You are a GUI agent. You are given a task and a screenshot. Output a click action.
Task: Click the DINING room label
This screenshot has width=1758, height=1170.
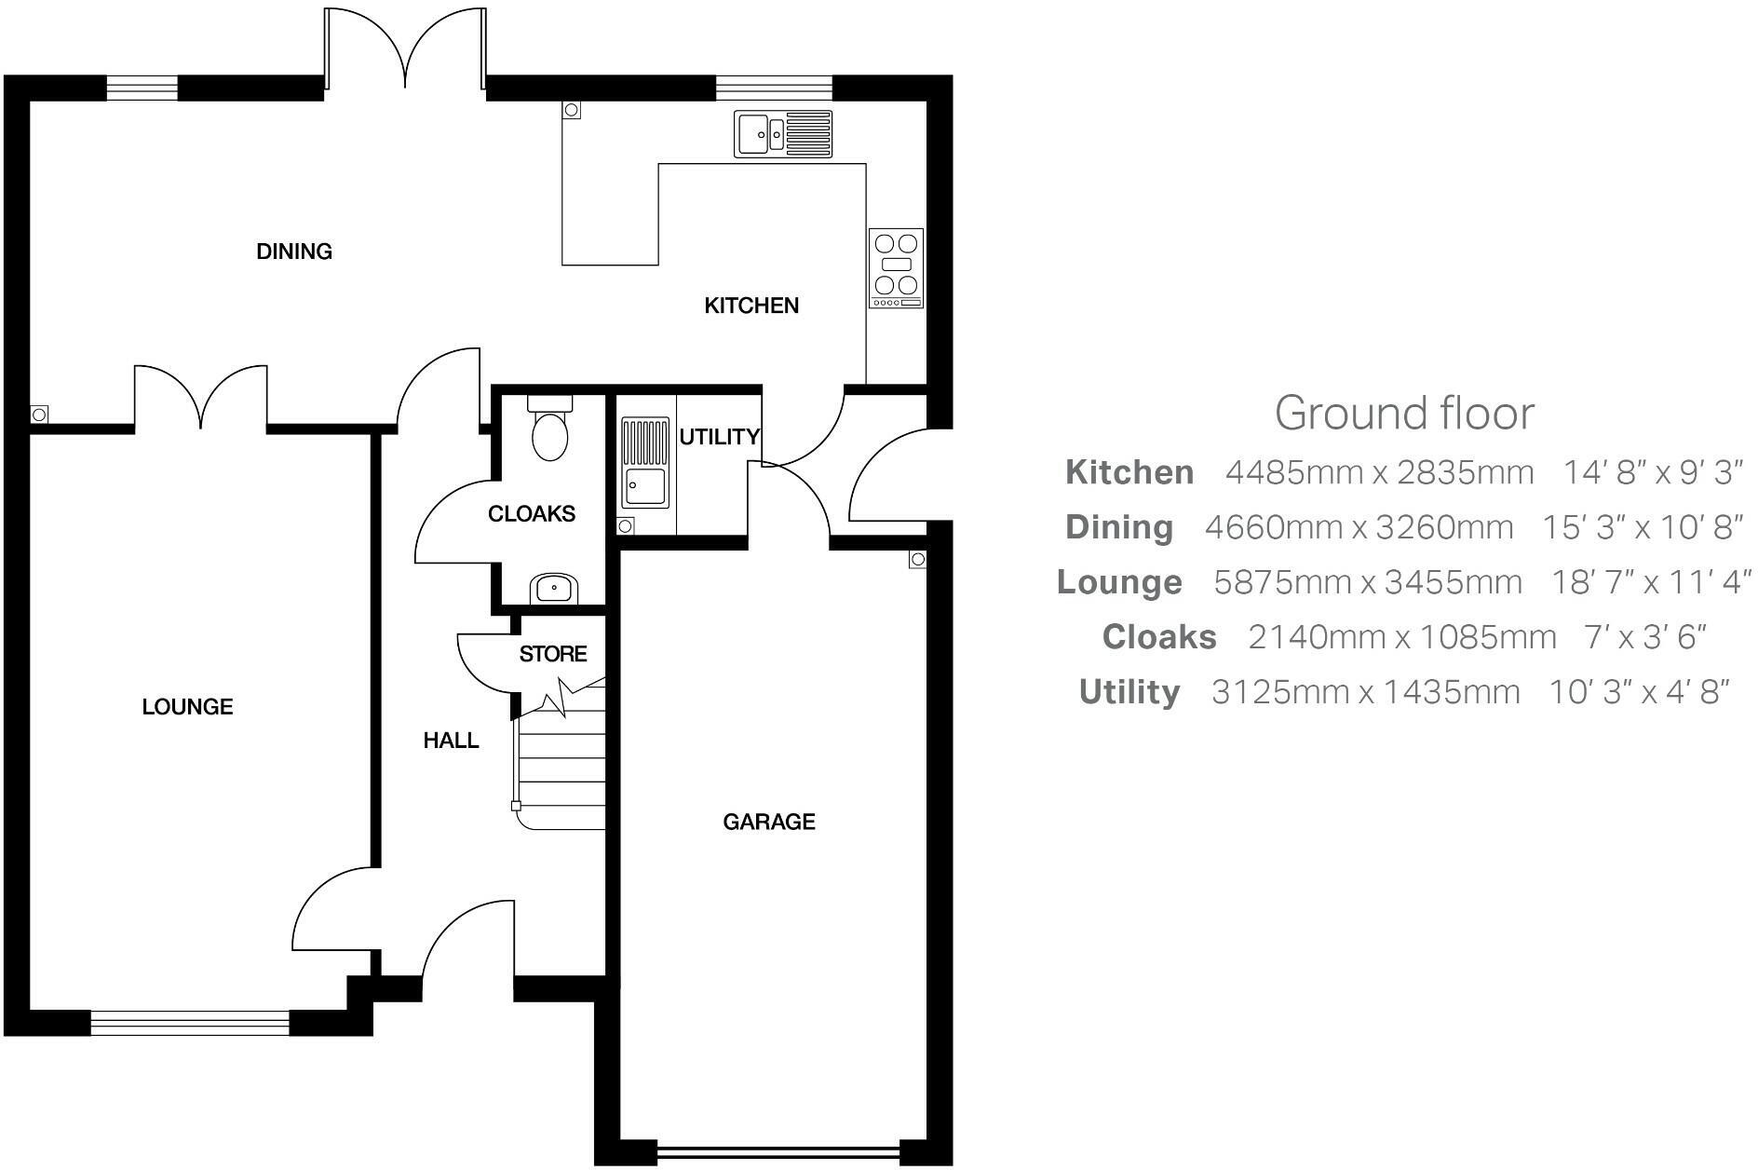pyautogui.click(x=294, y=252)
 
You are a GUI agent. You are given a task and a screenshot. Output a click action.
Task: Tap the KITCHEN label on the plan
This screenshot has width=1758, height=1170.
pyautogui.click(x=751, y=306)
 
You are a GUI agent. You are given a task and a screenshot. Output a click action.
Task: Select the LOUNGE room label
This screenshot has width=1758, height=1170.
pyautogui.click(x=187, y=707)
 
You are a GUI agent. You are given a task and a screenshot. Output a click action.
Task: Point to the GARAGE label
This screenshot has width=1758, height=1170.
pyautogui.click(x=769, y=822)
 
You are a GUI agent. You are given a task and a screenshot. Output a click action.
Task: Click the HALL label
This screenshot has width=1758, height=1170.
pyautogui.click(x=451, y=741)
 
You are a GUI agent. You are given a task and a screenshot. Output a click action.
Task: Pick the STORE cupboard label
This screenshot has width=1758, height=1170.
pyautogui.click(x=553, y=654)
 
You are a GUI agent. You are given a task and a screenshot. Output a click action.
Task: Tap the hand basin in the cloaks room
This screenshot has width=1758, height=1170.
pyautogui.click(x=553, y=589)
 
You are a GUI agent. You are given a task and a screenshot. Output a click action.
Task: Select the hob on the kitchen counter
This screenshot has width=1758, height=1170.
pyautogui.click(x=896, y=267)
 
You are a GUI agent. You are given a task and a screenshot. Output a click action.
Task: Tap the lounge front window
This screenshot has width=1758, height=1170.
pyautogui.click(x=190, y=1024)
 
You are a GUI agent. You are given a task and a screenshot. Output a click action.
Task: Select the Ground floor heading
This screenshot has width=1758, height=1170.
pyautogui.click(x=1403, y=413)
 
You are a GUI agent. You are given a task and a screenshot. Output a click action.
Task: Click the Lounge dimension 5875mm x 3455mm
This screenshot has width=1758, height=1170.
pyautogui.click(x=1368, y=582)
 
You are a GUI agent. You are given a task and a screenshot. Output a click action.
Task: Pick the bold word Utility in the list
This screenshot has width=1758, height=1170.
pyautogui.click(x=1129, y=692)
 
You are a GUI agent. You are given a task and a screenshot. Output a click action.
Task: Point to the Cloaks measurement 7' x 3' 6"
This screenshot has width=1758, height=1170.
pyautogui.click(x=1644, y=637)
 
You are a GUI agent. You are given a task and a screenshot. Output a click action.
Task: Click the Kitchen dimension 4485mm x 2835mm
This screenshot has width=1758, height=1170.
pyautogui.click(x=1379, y=472)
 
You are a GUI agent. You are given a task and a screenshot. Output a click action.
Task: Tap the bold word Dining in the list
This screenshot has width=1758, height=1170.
pyautogui.click(x=1119, y=527)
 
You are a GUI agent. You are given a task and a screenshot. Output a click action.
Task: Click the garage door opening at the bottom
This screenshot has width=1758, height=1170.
pyautogui.click(x=778, y=1153)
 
